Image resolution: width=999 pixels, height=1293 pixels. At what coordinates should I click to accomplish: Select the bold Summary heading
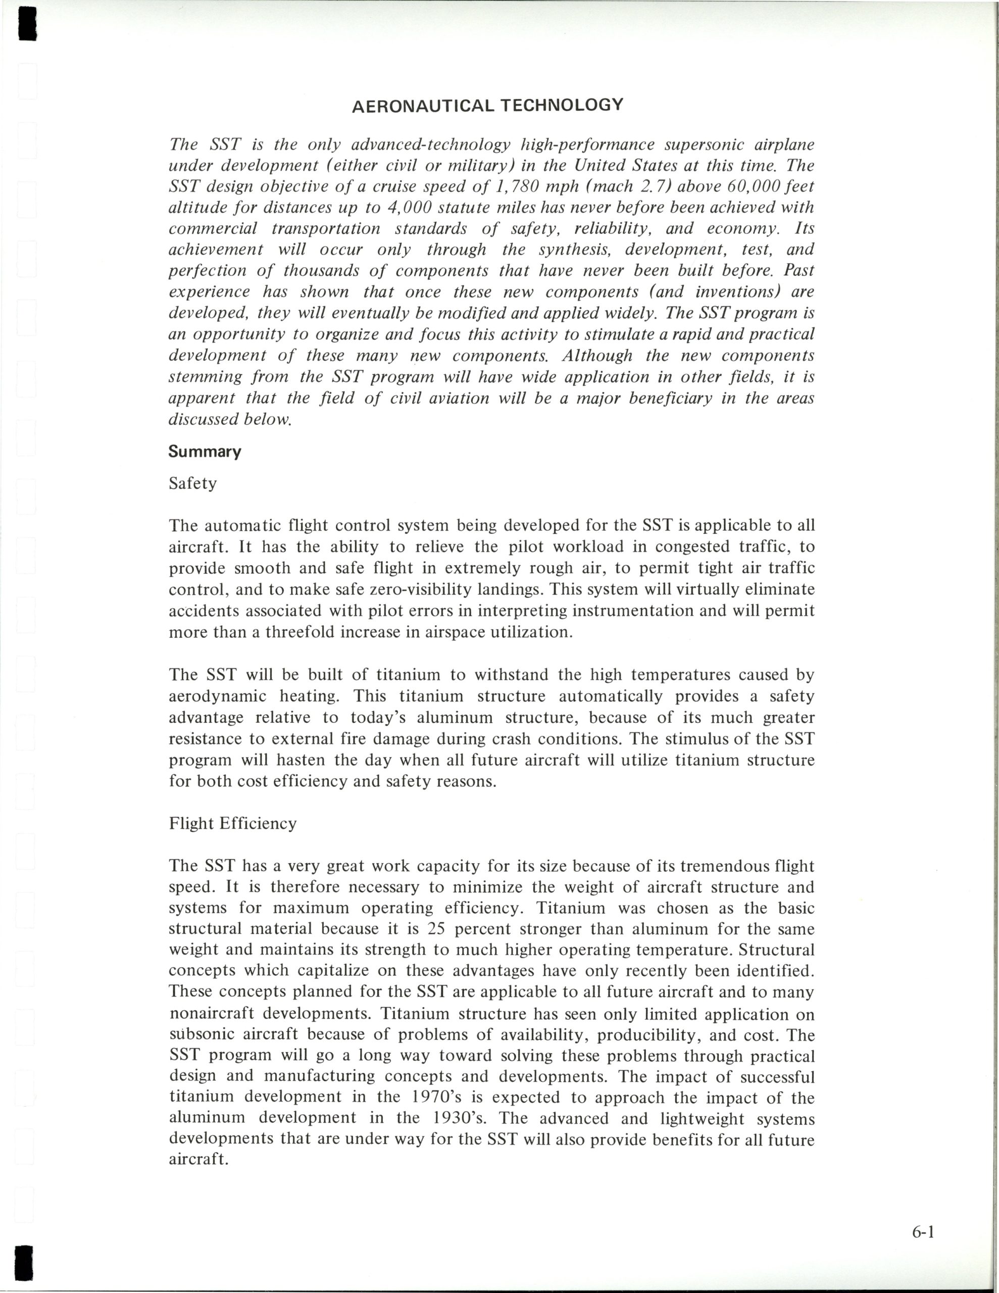coord(205,452)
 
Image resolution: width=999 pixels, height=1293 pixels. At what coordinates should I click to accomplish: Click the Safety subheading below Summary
coord(193,484)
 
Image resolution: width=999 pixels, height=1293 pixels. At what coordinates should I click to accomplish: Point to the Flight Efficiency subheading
coord(233,823)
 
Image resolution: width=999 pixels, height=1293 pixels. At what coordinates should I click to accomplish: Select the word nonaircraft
coord(212,1013)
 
